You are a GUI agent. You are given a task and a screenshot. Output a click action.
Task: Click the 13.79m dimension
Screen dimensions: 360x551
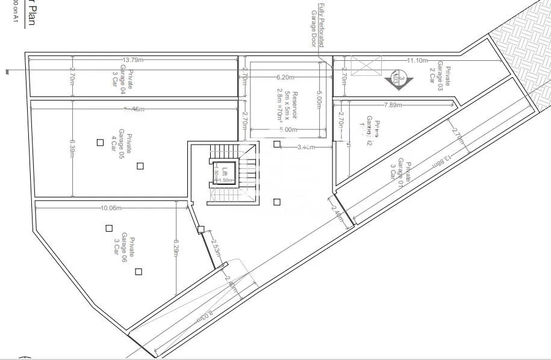tap(133, 60)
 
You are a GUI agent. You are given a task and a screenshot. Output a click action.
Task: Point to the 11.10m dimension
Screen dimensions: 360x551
tap(417, 60)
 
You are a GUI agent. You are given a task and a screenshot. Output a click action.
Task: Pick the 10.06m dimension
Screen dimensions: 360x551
tap(111, 208)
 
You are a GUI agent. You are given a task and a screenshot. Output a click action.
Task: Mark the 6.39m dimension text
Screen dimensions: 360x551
tap(72, 147)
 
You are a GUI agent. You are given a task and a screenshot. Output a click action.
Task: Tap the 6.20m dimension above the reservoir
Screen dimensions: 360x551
tap(286, 77)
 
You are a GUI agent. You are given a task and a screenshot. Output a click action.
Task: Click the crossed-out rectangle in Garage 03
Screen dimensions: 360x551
tap(366, 65)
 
